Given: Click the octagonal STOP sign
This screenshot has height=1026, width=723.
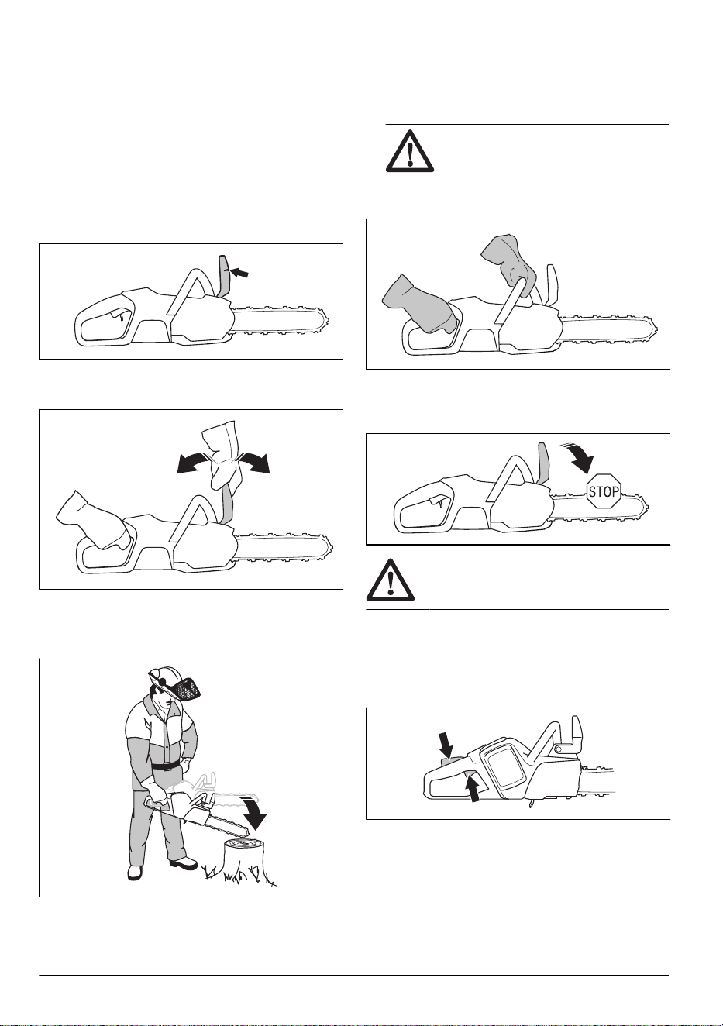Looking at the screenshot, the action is (604, 491).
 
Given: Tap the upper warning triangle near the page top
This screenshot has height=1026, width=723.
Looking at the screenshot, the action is (410, 150).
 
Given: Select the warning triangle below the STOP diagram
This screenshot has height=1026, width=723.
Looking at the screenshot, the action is (391, 580).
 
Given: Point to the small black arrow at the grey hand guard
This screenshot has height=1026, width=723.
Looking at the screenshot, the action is (239, 273).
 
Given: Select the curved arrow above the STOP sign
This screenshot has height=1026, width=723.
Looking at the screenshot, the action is (580, 459).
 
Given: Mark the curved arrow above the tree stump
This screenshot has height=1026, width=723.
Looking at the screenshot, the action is (255, 814).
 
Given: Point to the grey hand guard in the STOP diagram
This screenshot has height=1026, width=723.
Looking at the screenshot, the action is (544, 463).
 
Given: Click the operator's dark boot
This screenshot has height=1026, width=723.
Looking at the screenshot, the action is (184, 865).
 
